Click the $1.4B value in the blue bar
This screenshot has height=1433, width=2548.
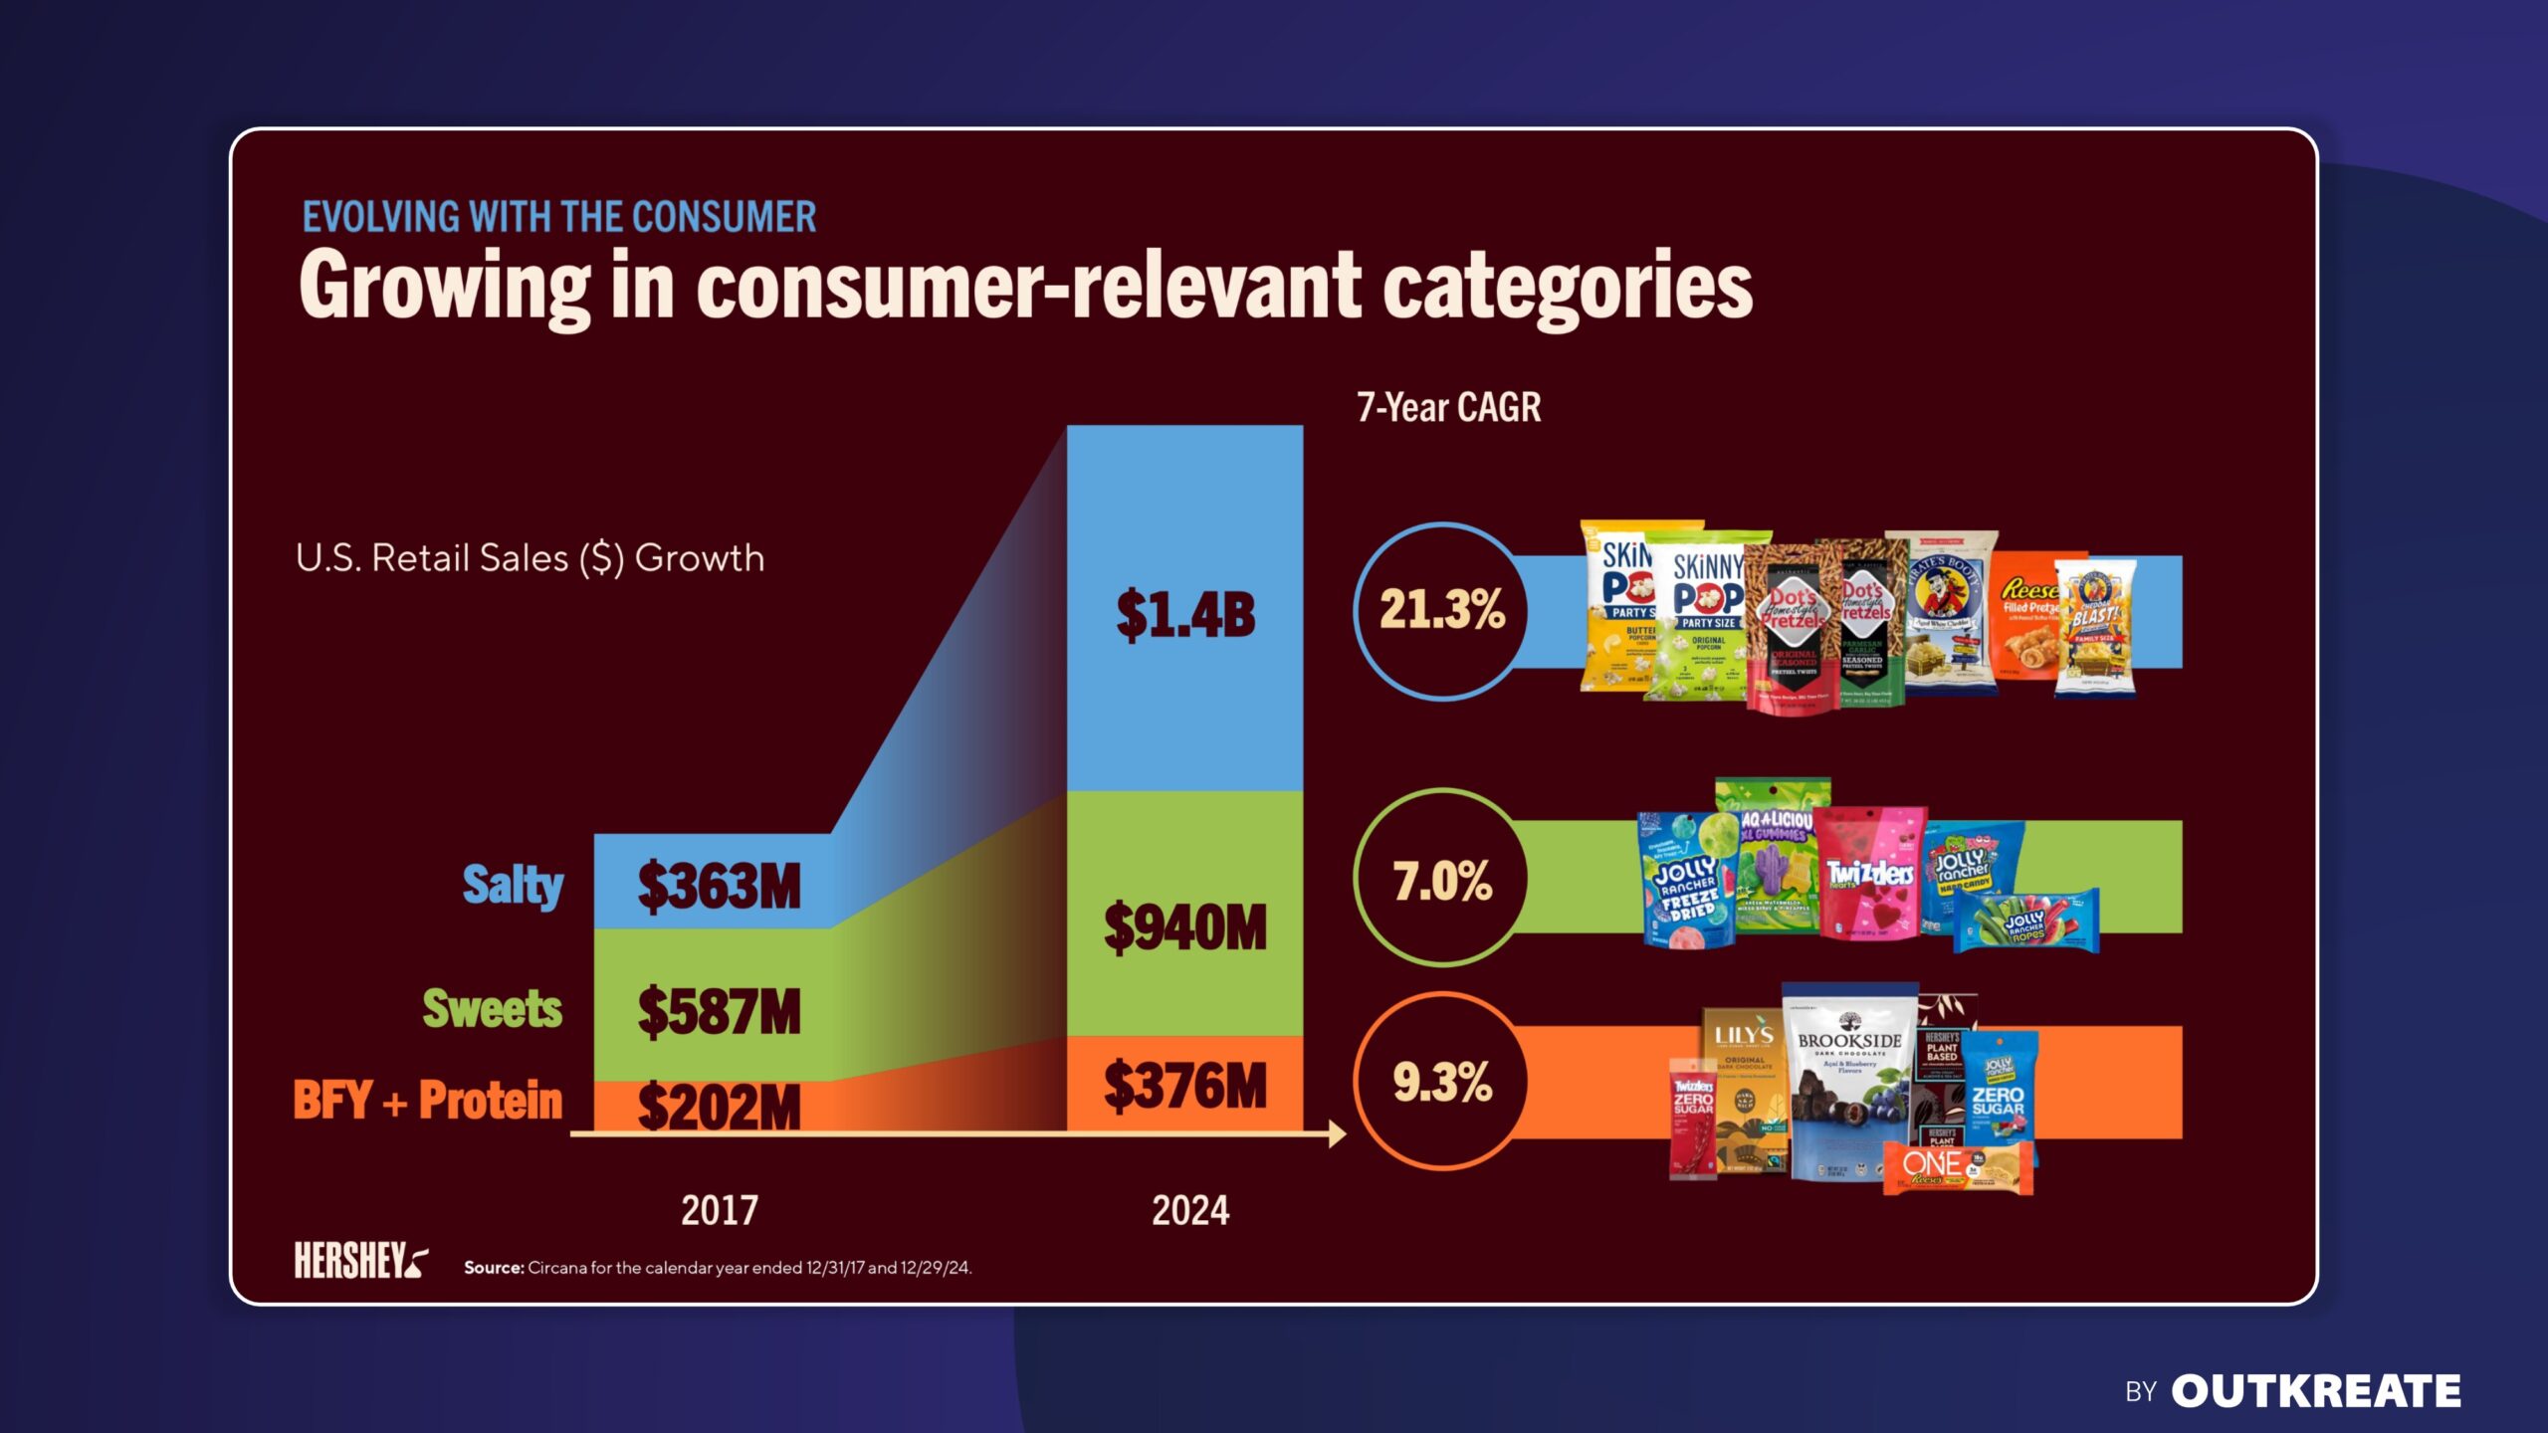click(1185, 614)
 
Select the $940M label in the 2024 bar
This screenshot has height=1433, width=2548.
click(1185, 927)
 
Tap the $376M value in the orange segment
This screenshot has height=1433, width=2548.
click(1185, 1086)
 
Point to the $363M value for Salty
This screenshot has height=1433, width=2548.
click(719, 886)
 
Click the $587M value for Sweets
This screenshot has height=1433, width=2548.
click(719, 1011)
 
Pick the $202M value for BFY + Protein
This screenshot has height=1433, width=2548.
click(719, 1107)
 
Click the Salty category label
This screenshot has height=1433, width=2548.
click(513, 885)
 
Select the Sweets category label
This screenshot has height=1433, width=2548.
click(493, 1008)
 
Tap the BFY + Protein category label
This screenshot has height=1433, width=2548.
click(428, 1101)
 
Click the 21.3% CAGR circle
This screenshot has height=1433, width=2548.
click(1441, 609)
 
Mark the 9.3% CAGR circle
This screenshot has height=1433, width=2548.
click(1441, 1082)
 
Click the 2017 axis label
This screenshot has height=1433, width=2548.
click(719, 1211)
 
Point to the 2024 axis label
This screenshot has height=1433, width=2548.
click(1190, 1211)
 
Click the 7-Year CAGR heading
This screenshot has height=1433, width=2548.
click(1449, 408)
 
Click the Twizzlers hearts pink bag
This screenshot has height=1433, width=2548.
click(1869, 874)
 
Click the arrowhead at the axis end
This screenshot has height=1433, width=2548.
click(1337, 1133)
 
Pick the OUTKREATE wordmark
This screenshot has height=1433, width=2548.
click(2316, 1391)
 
